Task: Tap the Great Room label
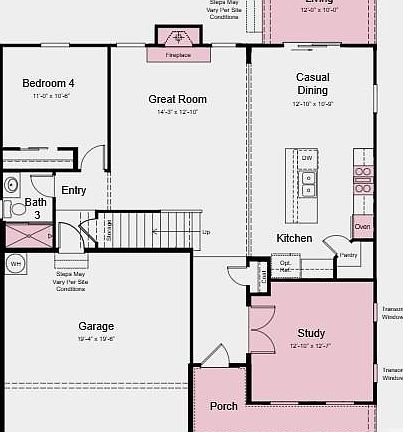[177, 99]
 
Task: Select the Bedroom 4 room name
[48, 83]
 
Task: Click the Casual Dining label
[313, 83]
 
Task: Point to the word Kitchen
[294, 238]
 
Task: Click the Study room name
[311, 333]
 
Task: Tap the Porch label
[223, 406]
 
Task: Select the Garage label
[96, 326]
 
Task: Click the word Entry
[74, 190]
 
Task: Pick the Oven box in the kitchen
[362, 227]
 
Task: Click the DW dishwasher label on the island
[307, 159]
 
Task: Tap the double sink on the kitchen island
[308, 182]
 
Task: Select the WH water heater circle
[15, 263]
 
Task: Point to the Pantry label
[348, 255]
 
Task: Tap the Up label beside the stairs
[206, 232]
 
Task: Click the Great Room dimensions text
[177, 112]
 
